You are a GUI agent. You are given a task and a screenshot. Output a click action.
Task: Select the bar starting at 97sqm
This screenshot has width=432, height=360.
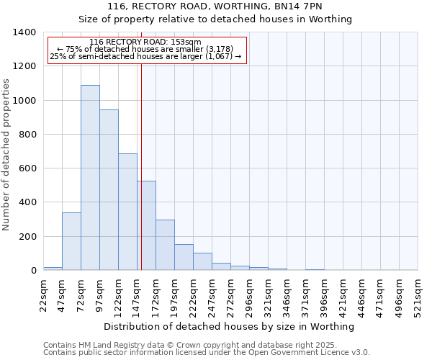[x=109, y=190]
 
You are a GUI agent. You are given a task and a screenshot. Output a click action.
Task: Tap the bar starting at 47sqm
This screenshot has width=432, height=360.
[x=71, y=241]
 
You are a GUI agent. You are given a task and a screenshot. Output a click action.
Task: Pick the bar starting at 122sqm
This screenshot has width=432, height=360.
[x=127, y=212]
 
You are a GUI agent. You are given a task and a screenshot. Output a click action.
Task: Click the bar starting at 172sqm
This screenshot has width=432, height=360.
[x=165, y=245]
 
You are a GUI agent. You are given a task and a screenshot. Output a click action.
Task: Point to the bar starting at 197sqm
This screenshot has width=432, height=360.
[x=184, y=257]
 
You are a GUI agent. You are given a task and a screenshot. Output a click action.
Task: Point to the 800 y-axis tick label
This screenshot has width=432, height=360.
[x=27, y=135]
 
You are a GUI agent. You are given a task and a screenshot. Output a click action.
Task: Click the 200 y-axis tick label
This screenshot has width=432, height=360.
[x=27, y=237]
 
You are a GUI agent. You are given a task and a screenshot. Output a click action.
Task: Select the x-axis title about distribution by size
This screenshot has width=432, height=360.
[x=230, y=327]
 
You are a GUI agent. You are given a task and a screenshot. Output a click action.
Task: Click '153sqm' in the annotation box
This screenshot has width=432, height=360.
[x=189, y=42]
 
